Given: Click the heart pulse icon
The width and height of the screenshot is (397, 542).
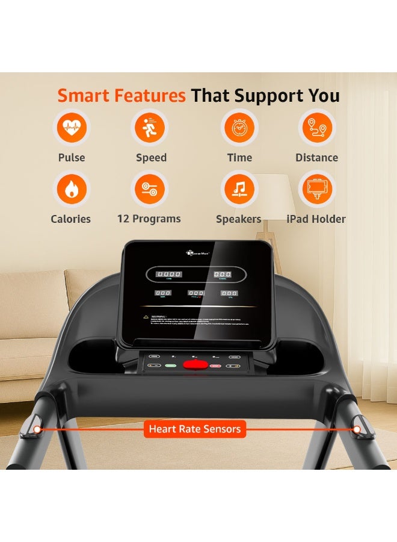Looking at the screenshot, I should click(72, 128).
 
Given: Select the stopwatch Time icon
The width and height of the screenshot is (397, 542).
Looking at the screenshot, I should click(239, 128).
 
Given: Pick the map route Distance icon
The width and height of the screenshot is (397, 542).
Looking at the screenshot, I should click(316, 128).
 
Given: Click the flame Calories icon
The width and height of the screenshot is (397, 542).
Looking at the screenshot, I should click(71, 189).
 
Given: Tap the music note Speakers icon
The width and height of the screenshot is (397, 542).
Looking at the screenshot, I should click(239, 189).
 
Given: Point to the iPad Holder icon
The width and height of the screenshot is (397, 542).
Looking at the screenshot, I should click(316, 189).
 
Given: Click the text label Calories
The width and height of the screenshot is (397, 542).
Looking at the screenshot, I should click(71, 219).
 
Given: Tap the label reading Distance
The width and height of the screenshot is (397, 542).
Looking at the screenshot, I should click(316, 158).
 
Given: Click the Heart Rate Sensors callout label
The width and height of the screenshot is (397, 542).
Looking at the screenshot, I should click(195, 429).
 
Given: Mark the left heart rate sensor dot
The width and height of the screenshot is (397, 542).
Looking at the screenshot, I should click(37, 429).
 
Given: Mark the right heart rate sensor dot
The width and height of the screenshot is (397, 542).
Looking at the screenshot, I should click(357, 429).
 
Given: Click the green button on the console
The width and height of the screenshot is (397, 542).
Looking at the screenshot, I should click(171, 366).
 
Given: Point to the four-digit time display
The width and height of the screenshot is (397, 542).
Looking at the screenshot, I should click(168, 274).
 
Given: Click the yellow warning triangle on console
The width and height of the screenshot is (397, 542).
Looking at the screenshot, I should click(145, 316).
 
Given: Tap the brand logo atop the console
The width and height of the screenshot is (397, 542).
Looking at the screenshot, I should click(197, 254).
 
